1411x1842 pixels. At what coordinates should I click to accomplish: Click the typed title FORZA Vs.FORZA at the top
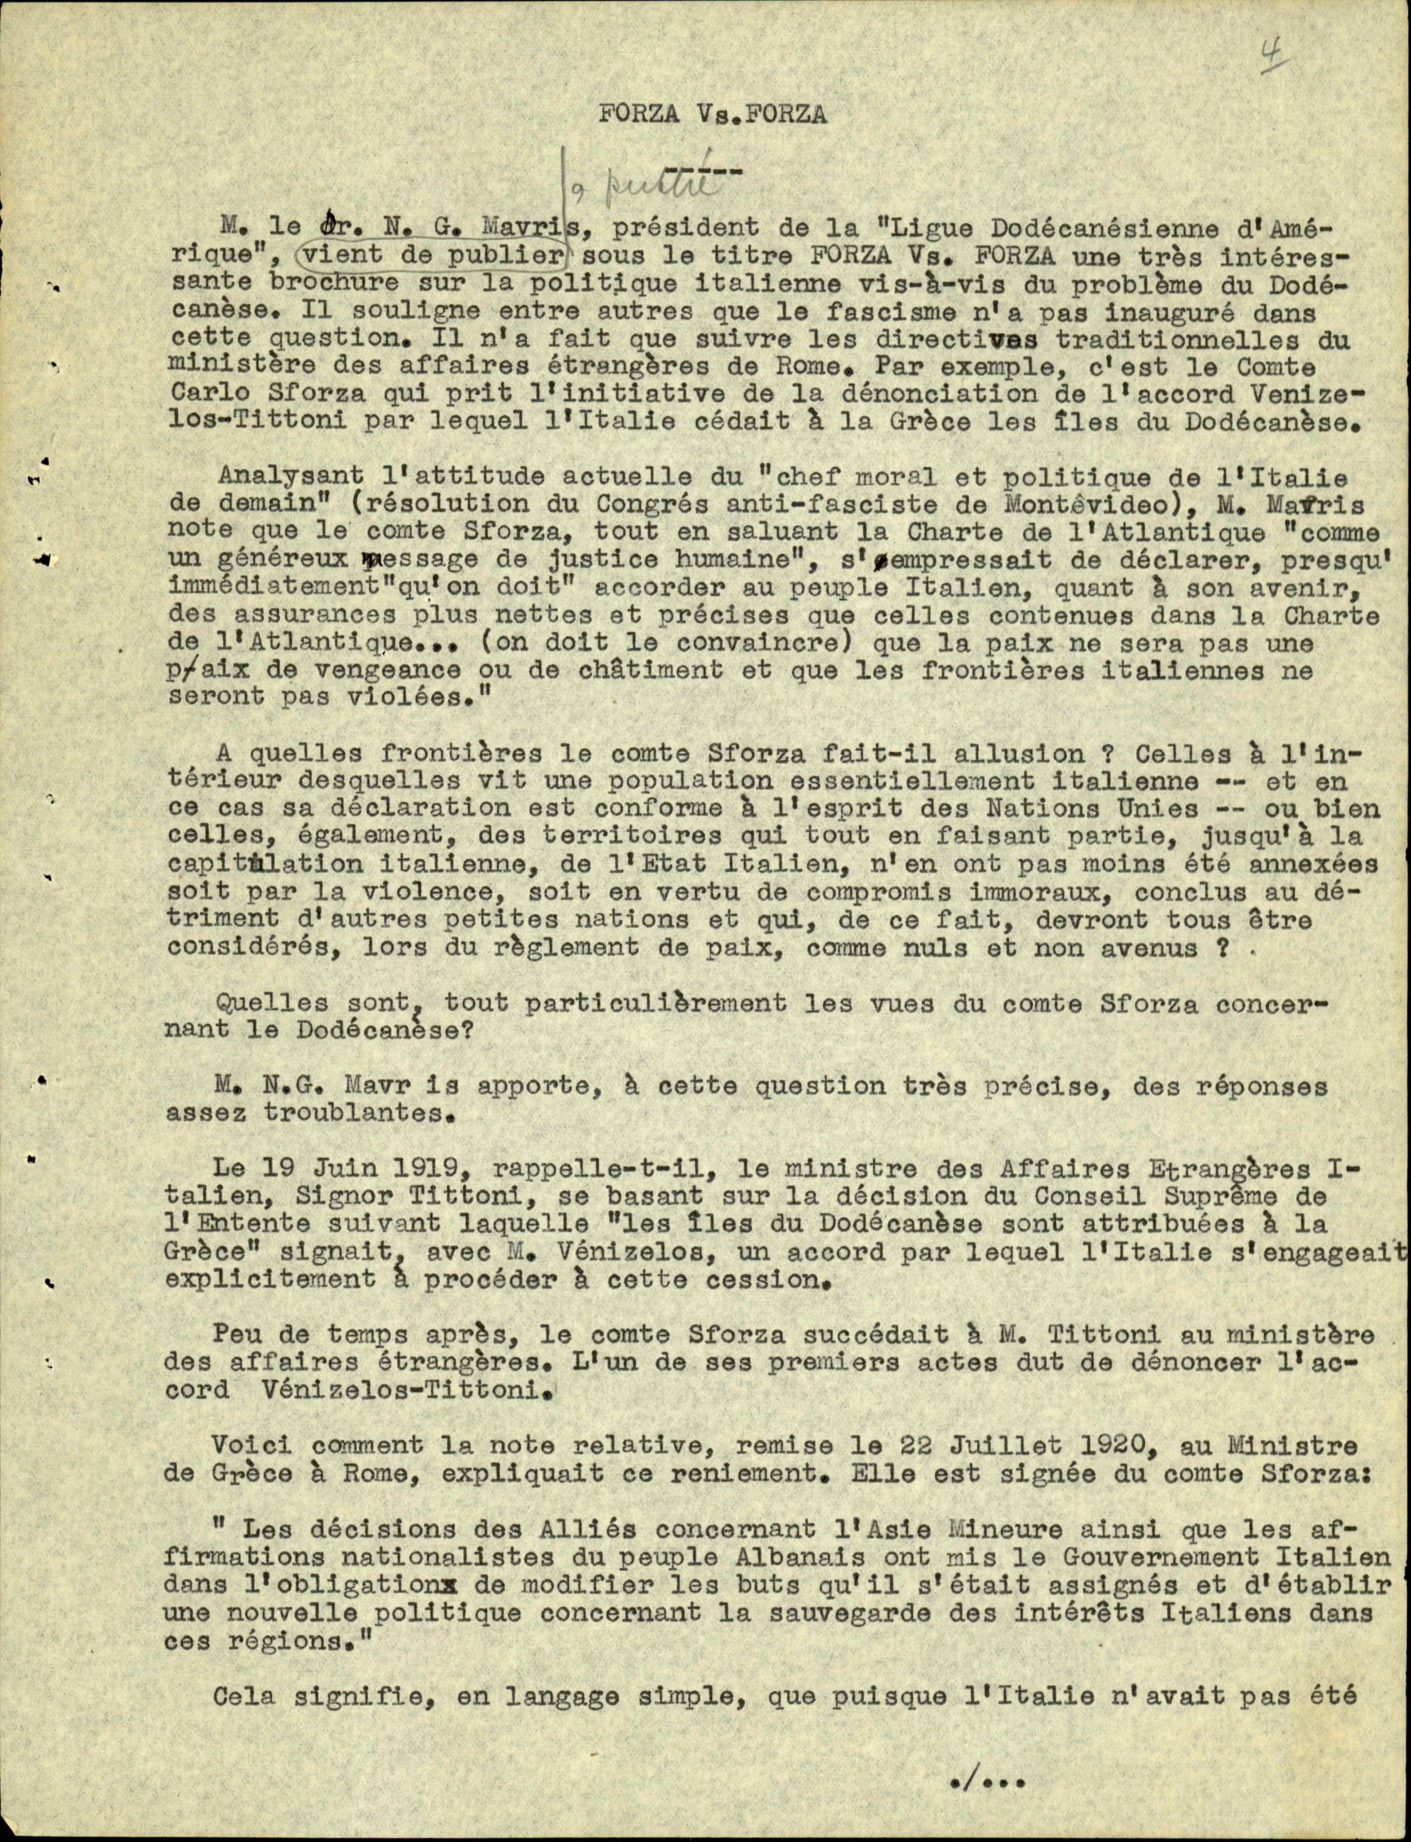(712, 116)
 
